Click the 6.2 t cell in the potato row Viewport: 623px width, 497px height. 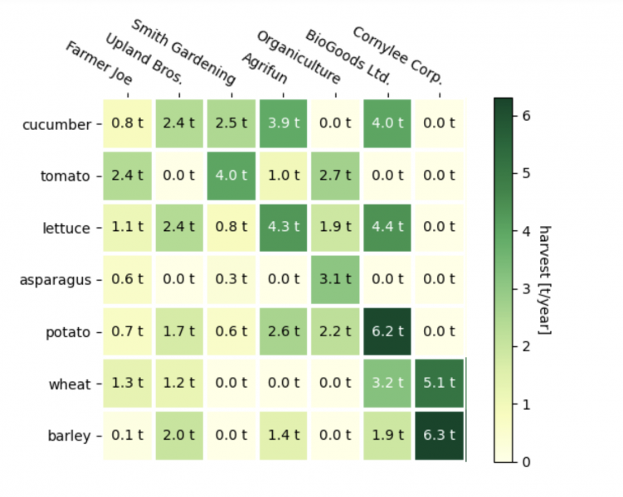click(387, 332)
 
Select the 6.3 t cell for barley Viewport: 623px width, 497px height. click(440, 436)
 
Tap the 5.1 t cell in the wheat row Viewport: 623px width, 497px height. click(440, 384)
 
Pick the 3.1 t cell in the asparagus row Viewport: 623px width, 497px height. click(336, 279)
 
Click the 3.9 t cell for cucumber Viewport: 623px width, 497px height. click(284, 124)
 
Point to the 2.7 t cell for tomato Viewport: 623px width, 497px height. click(336, 176)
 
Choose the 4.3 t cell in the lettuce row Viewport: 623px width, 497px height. click(284, 228)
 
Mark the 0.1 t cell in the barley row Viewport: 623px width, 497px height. click(128, 436)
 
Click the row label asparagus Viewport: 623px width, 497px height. click(55, 280)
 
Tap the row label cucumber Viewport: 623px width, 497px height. click(56, 124)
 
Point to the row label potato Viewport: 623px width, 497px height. click(66, 332)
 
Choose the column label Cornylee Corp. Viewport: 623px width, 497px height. click(397, 55)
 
